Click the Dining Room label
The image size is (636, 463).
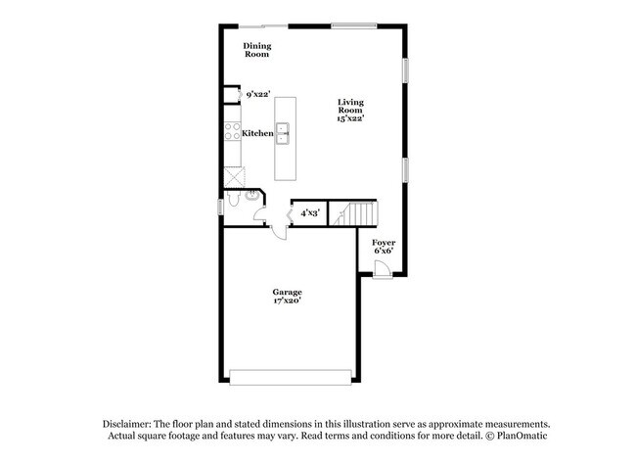tap(257, 50)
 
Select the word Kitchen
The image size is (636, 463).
tap(257, 133)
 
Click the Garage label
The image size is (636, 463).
tap(287, 292)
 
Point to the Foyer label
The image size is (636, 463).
tap(383, 241)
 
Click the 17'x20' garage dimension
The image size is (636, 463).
tap(287, 301)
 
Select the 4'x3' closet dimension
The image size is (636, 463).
tap(309, 211)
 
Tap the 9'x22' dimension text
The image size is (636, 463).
tap(257, 94)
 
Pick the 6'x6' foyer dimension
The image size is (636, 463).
tap(383, 251)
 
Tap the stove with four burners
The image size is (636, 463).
tap(233, 131)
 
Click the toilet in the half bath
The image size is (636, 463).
tap(233, 201)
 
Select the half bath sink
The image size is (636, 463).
tap(252, 196)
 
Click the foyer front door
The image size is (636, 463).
tap(383, 268)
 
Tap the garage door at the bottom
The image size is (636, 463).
tap(289, 376)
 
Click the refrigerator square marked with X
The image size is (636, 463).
tap(233, 176)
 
